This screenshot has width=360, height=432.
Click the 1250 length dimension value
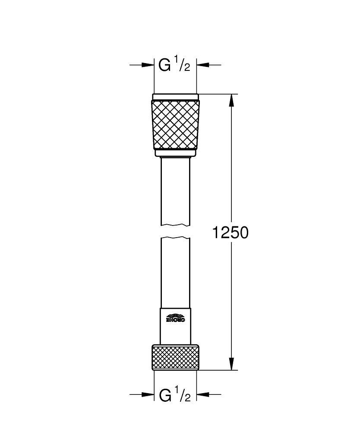click(x=231, y=233)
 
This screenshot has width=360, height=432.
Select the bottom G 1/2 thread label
click(x=174, y=395)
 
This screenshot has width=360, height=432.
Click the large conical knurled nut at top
click(x=175, y=124)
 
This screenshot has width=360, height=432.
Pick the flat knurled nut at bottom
click(x=175, y=357)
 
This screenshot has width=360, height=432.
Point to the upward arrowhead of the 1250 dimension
click(x=232, y=100)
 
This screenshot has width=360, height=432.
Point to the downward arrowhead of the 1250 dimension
click(x=232, y=364)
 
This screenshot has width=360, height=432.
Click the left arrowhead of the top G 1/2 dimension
click(x=148, y=65)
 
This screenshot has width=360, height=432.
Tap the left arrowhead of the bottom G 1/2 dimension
click(x=148, y=394)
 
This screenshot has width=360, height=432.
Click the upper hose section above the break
click(x=175, y=190)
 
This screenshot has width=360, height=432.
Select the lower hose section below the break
click(x=175, y=272)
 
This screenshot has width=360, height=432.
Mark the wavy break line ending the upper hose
click(x=175, y=225)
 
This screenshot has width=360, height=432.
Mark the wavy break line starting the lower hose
click(x=175, y=238)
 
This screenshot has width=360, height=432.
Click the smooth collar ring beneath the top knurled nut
click(x=175, y=152)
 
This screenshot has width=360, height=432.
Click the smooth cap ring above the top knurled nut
click(x=175, y=97)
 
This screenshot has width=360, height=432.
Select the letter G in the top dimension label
click(x=164, y=65)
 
